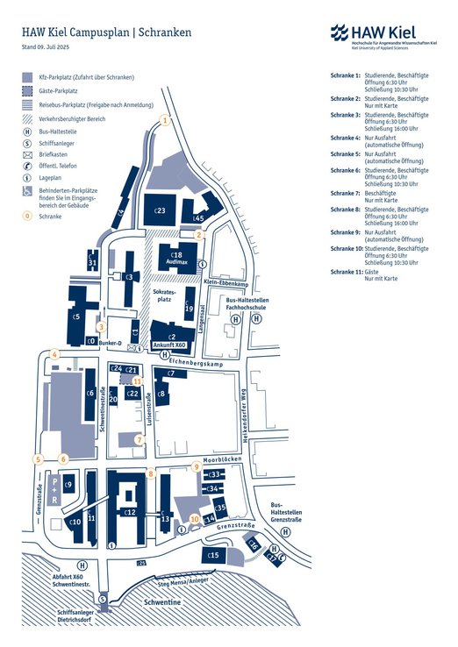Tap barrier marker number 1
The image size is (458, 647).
pos(163,121)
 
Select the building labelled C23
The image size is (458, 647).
pos(160,210)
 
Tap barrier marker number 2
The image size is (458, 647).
pos(199,234)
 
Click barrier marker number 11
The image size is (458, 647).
pos(136,380)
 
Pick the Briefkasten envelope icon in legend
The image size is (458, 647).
pos(28,153)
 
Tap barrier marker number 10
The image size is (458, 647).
pos(195,518)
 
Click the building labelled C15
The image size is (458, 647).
pos(213,555)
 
